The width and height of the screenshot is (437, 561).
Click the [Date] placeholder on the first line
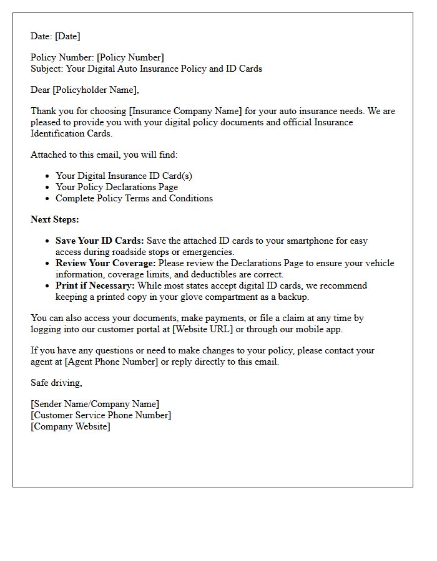click(x=67, y=36)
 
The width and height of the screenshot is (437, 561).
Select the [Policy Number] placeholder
click(x=130, y=57)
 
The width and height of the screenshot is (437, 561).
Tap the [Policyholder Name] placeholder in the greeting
click(x=95, y=90)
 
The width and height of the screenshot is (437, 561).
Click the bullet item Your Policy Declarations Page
click(x=117, y=187)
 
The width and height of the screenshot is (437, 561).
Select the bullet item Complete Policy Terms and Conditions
click(x=134, y=198)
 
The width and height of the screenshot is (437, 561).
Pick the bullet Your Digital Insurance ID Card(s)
click(x=124, y=176)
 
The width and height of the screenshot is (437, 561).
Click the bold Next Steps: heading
click(x=55, y=219)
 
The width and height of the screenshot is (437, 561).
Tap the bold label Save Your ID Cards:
click(x=100, y=241)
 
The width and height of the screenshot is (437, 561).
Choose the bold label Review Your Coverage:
click(x=106, y=263)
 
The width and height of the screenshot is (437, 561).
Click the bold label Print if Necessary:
click(x=96, y=285)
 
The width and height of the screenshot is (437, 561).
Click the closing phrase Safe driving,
click(x=56, y=383)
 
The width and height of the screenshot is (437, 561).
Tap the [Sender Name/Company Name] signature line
click(x=95, y=404)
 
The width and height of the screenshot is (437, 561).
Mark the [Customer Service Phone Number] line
click(x=101, y=415)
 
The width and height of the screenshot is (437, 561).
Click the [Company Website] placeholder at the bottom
click(x=71, y=426)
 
